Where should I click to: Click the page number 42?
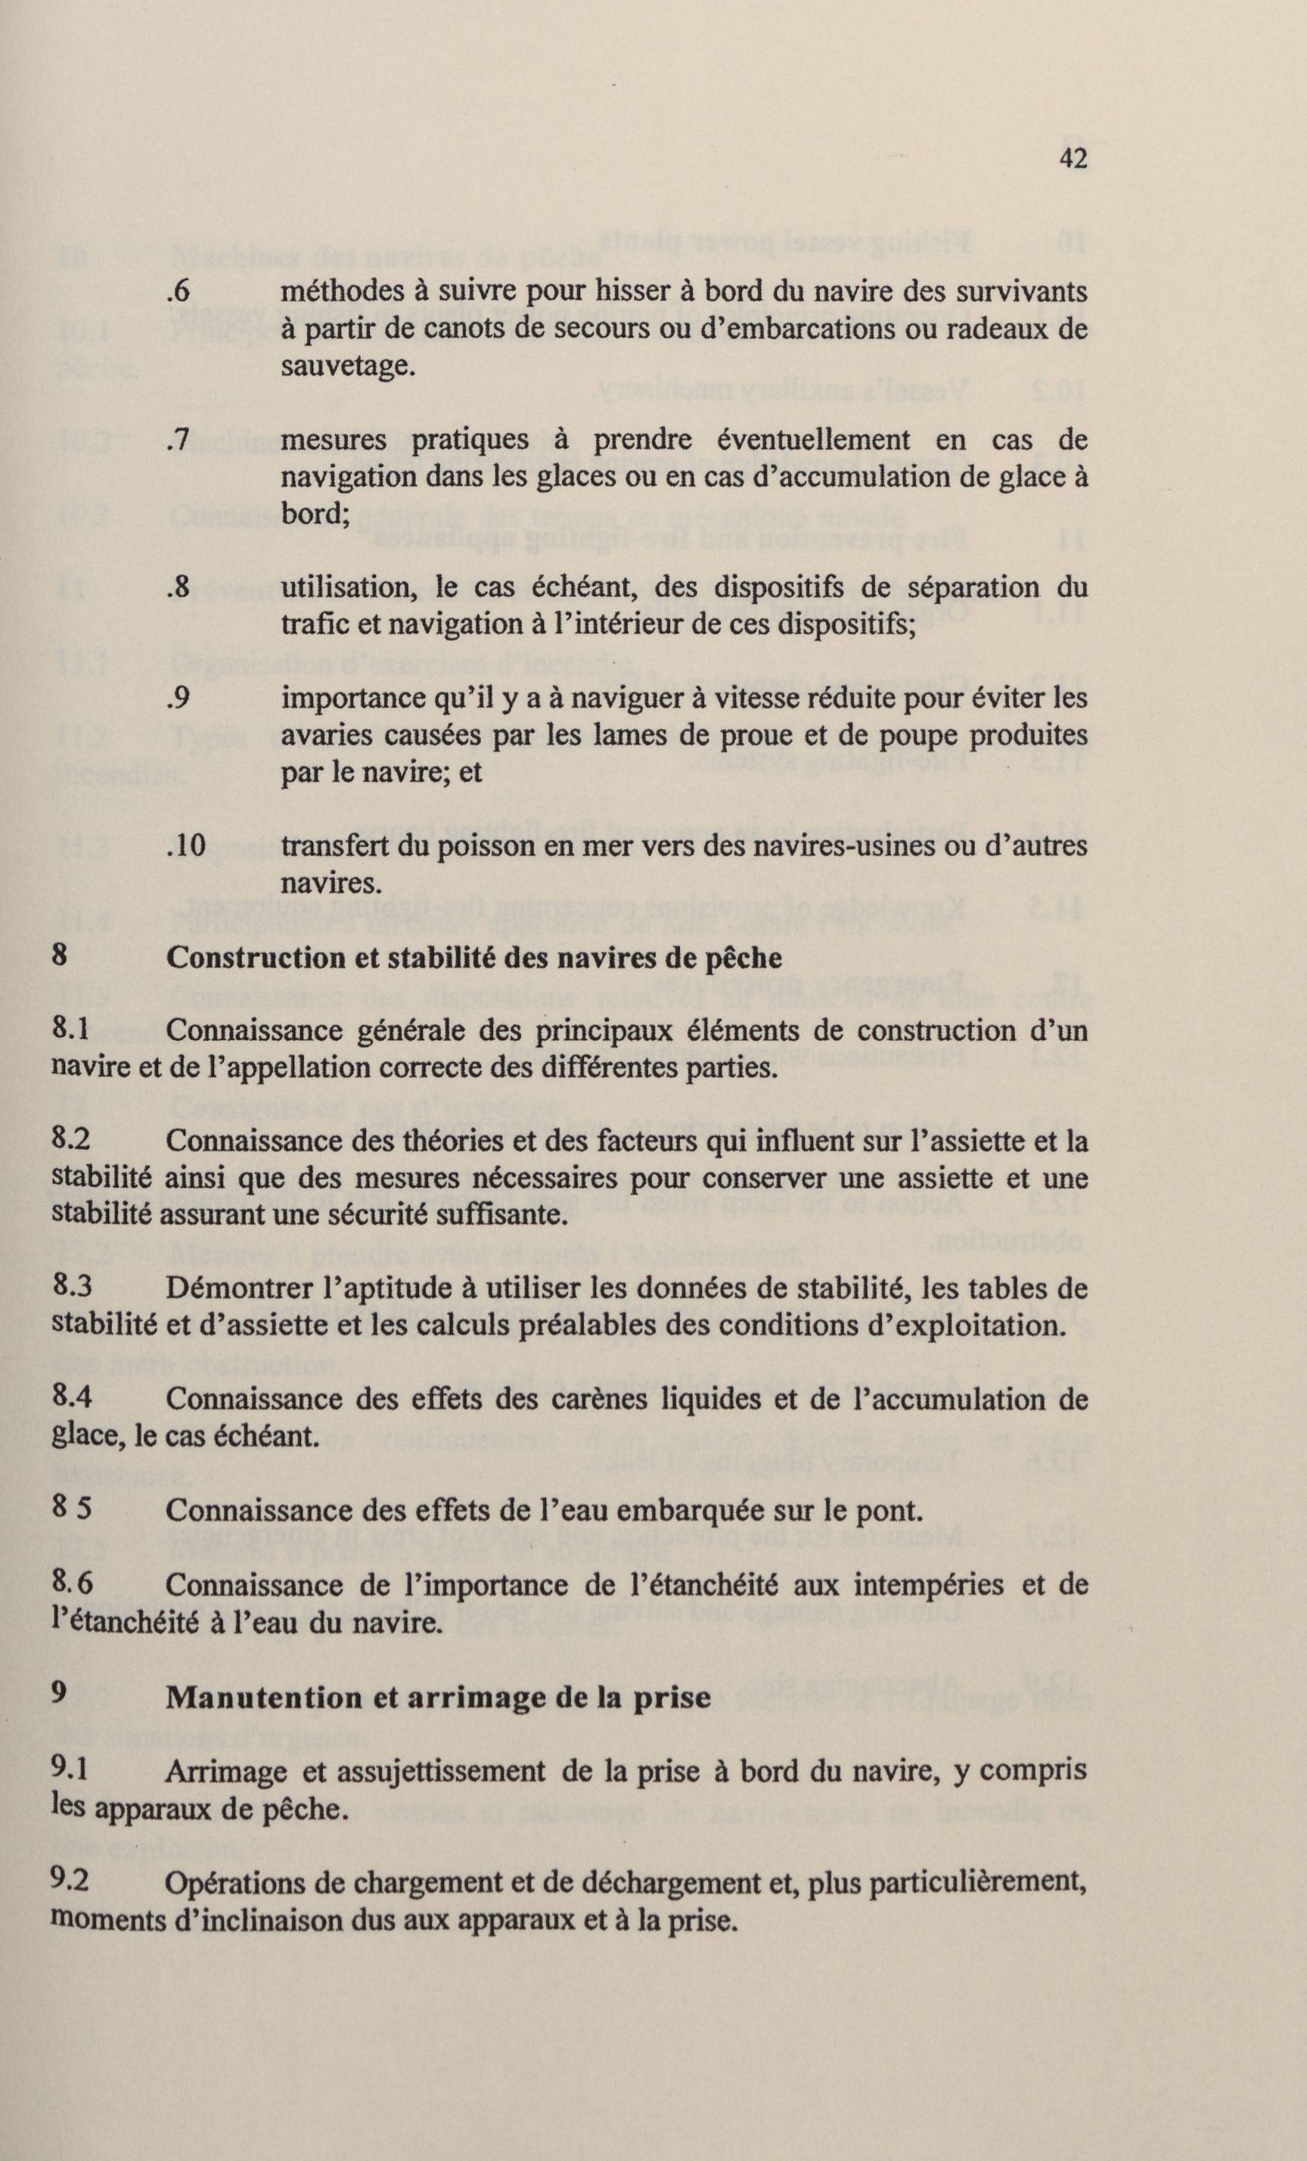coord(1073,159)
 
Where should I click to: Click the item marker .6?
coord(178,291)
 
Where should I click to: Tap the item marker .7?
coord(178,440)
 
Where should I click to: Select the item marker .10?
coord(186,845)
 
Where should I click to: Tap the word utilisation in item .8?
coord(348,587)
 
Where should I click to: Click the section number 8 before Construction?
coord(59,955)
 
